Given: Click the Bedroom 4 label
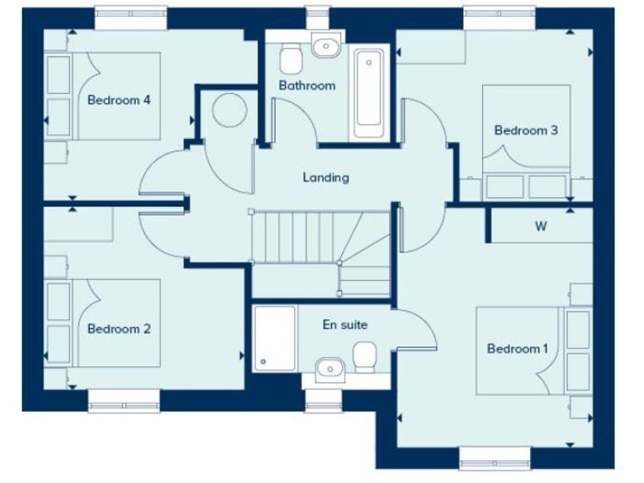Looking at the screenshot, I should [x=118, y=100].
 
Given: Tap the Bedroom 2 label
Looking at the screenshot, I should [x=118, y=329].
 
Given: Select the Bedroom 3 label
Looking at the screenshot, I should [x=526, y=130].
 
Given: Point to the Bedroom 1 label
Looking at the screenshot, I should [x=517, y=348].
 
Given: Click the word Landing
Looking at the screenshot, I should [x=325, y=177].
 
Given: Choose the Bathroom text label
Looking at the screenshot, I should [x=307, y=86].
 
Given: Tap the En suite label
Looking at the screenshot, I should [x=345, y=325].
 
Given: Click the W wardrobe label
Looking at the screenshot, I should [x=541, y=226].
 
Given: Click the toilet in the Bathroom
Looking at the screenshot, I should [x=291, y=58].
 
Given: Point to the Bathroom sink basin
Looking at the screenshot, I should [x=325, y=46].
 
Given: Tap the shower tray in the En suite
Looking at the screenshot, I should [x=273, y=338].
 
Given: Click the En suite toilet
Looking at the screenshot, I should [x=365, y=357].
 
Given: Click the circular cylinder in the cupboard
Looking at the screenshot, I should [x=229, y=110].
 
